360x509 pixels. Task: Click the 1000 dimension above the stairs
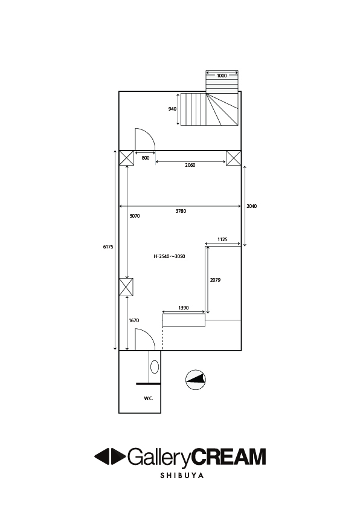(x=222, y=76)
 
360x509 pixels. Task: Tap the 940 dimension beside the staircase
(x=172, y=109)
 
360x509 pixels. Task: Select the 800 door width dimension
(x=146, y=158)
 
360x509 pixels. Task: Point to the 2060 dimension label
(x=190, y=165)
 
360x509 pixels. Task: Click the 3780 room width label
(x=181, y=211)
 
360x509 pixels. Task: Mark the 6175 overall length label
(x=108, y=247)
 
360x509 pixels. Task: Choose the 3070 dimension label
(x=135, y=216)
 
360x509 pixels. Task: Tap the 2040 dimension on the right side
(x=252, y=206)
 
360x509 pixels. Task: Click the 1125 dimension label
(x=222, y=239)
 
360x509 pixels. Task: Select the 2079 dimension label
(x=216, y=280)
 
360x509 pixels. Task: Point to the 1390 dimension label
(x=184, y=308)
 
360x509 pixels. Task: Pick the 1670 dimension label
(x=134, y=320)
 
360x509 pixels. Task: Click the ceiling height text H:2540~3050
(x=169, y=256)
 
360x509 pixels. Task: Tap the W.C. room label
(x=149, y=398)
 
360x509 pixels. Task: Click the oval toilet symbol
(x=155, y=367)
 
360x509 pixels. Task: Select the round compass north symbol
(x=196, y=380)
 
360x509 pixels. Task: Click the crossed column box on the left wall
(x=126, y=287)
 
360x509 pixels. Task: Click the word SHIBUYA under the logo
(x=182, y=476)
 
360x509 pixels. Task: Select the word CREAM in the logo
(x=228, y=456)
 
